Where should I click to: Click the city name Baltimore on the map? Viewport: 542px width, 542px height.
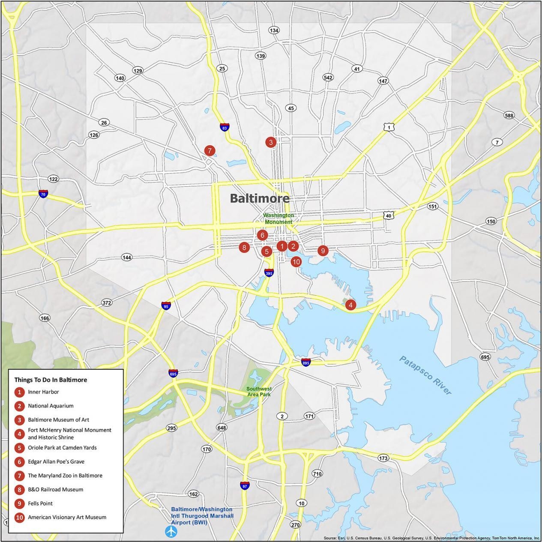tap(259, 198)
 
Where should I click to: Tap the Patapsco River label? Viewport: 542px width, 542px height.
tap(425, 375)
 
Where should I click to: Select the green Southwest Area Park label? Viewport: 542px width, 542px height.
tap(259, 392)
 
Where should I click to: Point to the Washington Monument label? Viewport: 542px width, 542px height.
tap(278, 219)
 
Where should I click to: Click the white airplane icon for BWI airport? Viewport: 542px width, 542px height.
tap(171, 532)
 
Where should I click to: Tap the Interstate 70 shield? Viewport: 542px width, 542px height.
tap(43, 194)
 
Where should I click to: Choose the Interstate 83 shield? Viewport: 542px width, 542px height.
tap(225, 127)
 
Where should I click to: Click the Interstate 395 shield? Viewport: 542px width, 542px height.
tap(269, 272)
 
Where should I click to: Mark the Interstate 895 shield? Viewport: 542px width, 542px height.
tap(305, 362)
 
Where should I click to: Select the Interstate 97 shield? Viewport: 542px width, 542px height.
tap(245, 485)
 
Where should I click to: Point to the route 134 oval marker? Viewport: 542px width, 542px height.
tap(274, 30)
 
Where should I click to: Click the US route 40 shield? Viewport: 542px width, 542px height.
tap(388, 215)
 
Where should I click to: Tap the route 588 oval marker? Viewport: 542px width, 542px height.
tap(509, 116)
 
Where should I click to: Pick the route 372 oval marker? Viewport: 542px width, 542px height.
tap(107, 303)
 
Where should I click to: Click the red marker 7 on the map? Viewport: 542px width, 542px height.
tap(209, 151)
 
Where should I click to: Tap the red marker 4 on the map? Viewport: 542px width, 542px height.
tap(350, 305)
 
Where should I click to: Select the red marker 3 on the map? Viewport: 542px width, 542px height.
tap(271, 142)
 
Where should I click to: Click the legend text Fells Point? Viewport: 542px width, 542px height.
tap(40, 503)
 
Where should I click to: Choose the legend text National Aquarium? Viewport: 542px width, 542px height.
tap(51, 406)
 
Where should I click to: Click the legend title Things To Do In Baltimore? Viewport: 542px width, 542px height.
tap(51, 380)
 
